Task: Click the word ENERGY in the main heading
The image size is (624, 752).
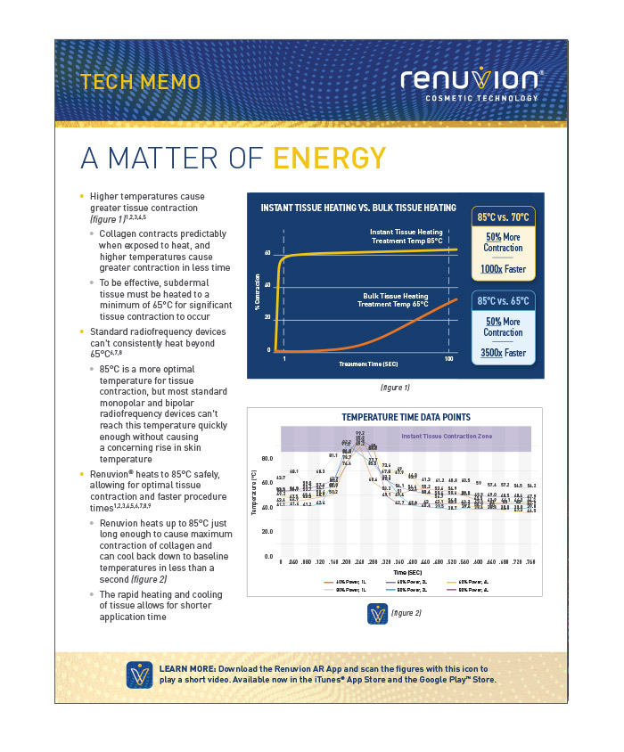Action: (x=330, y=158)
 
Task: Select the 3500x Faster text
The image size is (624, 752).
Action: (x=504, y=353)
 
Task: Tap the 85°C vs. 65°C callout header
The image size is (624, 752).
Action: (x=504, y=301)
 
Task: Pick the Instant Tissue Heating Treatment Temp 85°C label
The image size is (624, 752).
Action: (x=398, y=236)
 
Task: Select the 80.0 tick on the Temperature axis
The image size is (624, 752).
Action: (x=267, y=459)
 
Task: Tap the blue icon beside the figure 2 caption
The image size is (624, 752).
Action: (x=375, y=614)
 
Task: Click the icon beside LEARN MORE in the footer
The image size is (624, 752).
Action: (x=139, y=674)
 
